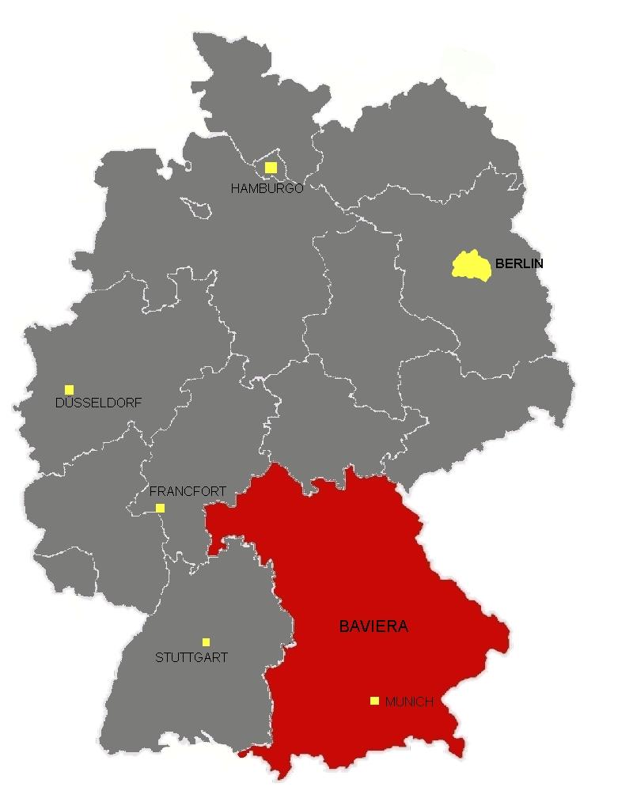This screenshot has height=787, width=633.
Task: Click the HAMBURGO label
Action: pos(267,189)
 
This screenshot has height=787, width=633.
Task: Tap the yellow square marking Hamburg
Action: pos(271,168)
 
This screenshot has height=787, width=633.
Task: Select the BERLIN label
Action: pos(519,264)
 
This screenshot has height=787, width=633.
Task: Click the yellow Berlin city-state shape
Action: pos(472,265)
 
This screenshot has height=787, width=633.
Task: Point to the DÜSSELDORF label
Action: pos(99,403)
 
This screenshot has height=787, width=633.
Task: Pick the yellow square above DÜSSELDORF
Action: pos(70,389)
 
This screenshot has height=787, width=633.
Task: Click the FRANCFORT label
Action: pos(188,491)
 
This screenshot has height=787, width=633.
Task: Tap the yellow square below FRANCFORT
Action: pos(161,508)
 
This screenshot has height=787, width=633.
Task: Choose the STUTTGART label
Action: pos(191,657)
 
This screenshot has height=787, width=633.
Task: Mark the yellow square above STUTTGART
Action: pos(206,641)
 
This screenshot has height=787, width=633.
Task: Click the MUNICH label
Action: pos(409,702)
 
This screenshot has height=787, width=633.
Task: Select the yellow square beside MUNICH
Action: pos(374,700)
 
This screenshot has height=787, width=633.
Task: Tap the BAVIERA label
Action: pos(373,626)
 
